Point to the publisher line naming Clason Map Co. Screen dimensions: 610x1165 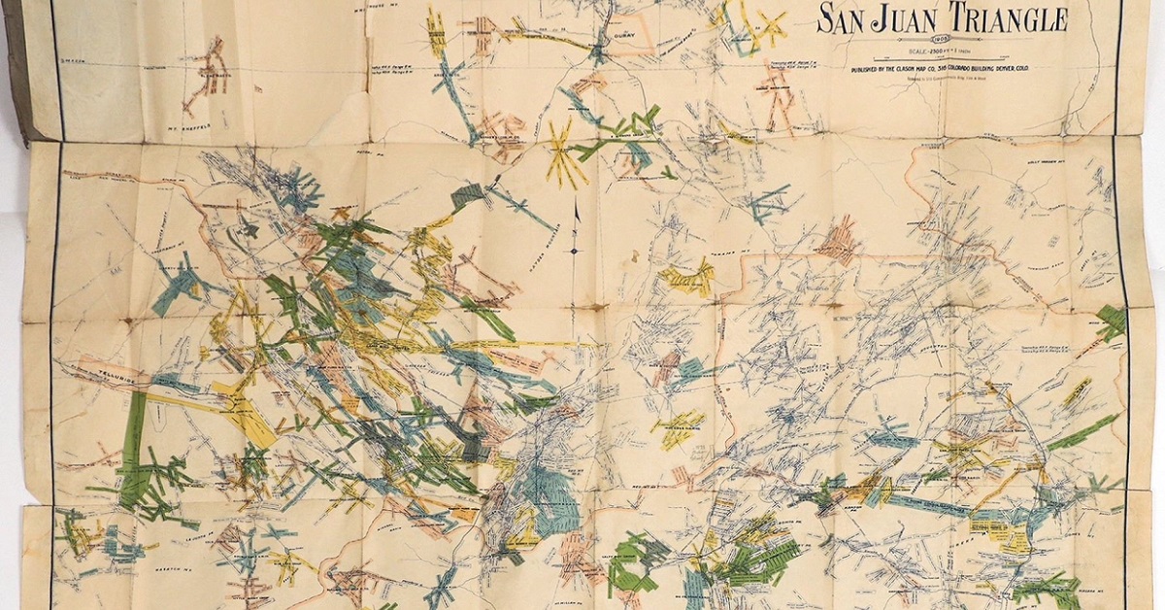tap(940, 69)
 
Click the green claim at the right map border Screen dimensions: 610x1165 tap(1112, 321)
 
